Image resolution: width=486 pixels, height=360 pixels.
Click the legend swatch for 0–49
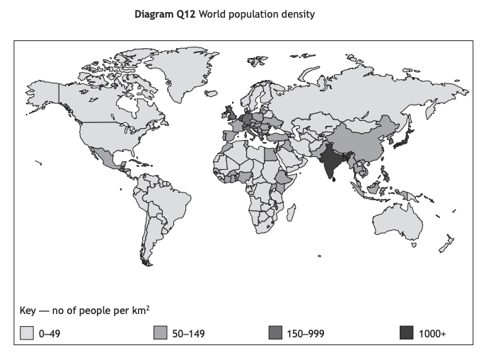[27, 332]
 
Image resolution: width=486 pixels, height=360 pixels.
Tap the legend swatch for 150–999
[277, 332]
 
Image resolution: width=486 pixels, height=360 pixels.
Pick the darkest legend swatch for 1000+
[406, 332]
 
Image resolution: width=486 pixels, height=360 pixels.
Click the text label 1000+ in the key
[433, 332]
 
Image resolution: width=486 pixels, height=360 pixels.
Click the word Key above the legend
[29, 310]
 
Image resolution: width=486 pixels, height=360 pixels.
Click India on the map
[331, 161]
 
